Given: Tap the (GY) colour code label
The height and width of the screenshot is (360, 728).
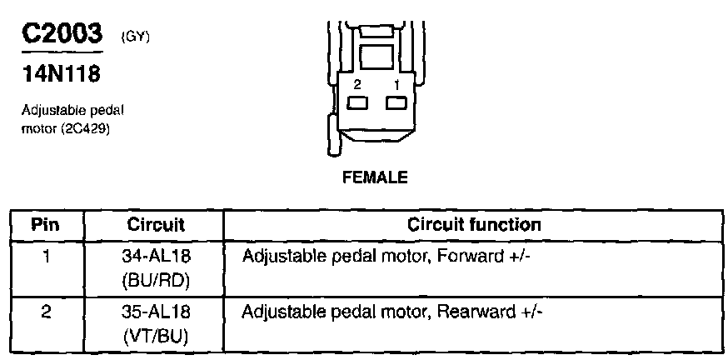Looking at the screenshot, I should (x=135, y=37).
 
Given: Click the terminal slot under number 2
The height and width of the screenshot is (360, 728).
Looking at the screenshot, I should (x=359, y=102).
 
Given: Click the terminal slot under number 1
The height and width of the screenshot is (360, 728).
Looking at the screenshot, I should (x=396, y=102).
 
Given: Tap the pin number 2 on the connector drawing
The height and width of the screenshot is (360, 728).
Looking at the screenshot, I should (x=357, y=84).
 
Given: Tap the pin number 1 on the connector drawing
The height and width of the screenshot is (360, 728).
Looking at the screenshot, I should (x=397, y=84).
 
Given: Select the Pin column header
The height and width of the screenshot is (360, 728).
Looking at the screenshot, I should (x=47, y=225).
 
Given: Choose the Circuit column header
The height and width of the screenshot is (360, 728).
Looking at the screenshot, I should (x=156, y=225).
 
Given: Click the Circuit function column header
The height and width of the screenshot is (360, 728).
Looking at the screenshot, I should (x=474, y=225).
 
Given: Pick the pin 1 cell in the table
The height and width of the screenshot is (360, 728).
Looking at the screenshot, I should (x=47, y=256).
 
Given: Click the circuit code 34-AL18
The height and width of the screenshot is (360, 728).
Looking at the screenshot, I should (x=156, y=256).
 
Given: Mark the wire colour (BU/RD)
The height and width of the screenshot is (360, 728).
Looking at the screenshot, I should (x=156, y=280).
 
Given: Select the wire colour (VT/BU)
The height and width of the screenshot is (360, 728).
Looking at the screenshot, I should (x=156, y=337).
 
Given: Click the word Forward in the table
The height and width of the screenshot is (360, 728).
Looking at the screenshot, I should (x=461, y=256).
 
